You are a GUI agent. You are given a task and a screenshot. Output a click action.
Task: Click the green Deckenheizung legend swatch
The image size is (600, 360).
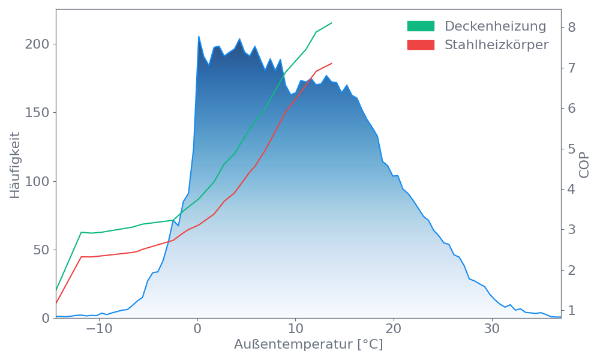[421, 26]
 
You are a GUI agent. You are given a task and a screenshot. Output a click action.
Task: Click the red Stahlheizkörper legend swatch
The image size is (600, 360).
[421, 45]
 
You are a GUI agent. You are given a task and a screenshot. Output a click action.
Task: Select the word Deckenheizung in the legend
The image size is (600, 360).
[495, 26]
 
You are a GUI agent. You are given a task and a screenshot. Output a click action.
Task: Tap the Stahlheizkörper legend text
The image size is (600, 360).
[496, 45]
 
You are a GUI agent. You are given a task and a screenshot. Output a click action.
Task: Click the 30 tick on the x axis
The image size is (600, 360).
[492, 329]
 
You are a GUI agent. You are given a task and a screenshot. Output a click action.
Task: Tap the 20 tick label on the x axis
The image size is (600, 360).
[394, 329]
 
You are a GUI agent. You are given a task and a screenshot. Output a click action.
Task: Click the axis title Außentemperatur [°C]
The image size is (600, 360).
[308, 345]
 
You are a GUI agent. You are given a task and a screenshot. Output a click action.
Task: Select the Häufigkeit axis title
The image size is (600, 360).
[15, 165]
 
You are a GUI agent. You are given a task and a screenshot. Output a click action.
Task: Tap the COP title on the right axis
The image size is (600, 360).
[584, 165]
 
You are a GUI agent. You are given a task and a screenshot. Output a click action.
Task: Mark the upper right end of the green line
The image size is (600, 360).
[332, 23]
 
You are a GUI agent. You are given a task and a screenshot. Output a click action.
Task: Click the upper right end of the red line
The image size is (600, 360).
[332, 63]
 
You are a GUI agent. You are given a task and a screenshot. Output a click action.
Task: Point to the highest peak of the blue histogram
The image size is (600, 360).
[199, 37]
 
